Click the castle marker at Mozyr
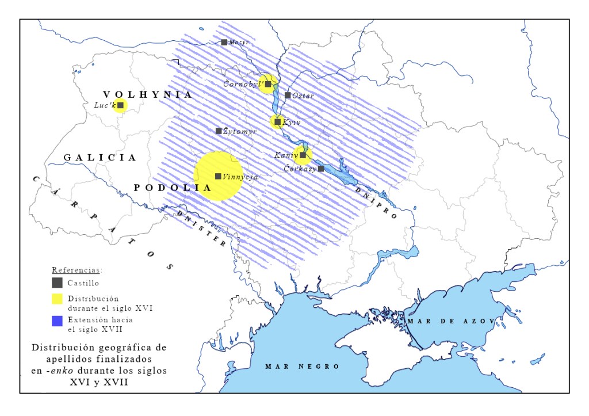(224, 42)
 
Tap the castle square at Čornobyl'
(268, 84)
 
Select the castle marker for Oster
(288, 95)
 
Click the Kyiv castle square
(277, 122)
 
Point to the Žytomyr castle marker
(219, 131)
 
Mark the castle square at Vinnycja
(218, 176)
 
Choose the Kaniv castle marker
(303, 155)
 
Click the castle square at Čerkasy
(321, 169)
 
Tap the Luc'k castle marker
(121, 105)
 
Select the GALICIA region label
(100, 157)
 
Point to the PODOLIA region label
(170, 188)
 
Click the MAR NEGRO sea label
(302, 366)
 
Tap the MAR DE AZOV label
(449, 320)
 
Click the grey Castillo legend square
(57, 283)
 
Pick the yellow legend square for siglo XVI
(57, 298)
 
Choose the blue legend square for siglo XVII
(57, 322)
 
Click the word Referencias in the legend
(77, 269)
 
